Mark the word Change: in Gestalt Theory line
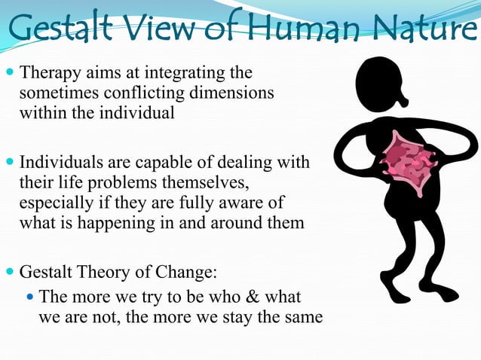[197, 270]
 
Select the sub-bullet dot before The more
[29, 297]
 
